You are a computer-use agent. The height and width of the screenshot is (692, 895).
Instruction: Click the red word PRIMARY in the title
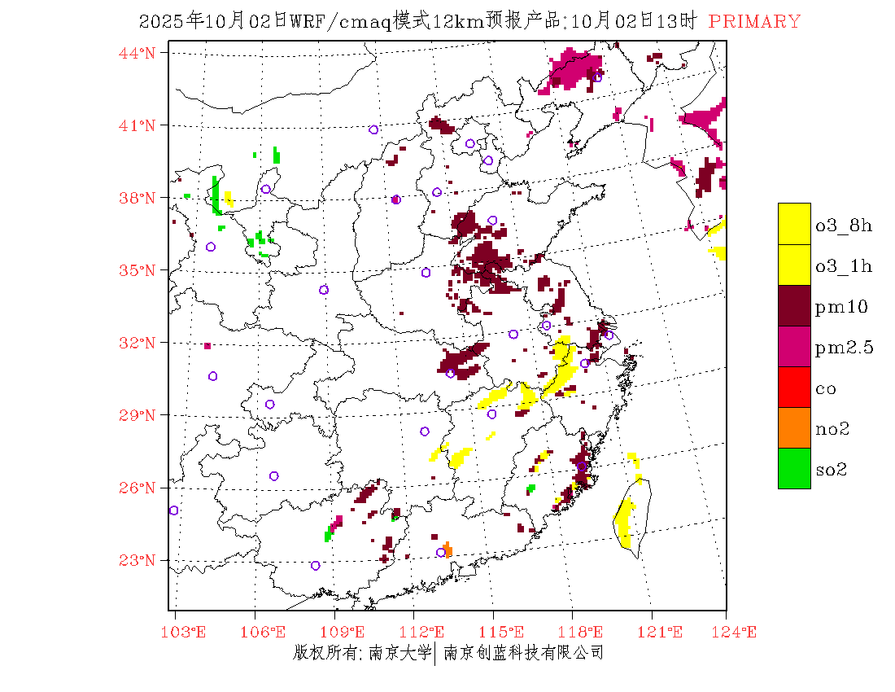click(754, 22)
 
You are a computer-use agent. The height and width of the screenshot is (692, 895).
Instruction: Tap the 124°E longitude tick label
click(737, 633)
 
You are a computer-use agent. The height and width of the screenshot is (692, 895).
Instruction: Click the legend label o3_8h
click(844, 226)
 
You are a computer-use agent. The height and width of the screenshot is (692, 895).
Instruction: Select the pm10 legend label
click(840, 307)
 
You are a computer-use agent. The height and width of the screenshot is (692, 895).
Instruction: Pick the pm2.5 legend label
click(844, 348)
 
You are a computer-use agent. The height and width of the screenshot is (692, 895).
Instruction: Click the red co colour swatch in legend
click(794, 387)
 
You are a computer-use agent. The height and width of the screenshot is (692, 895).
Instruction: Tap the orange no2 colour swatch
click(794, 427)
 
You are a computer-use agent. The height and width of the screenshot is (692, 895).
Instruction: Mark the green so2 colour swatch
click(794, 468)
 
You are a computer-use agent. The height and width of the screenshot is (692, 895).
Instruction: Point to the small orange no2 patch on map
click(447, 550)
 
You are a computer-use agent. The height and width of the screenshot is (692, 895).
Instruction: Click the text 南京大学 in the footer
click(399, 653)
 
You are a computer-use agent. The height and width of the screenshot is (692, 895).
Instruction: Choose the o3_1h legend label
click(844, 266)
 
